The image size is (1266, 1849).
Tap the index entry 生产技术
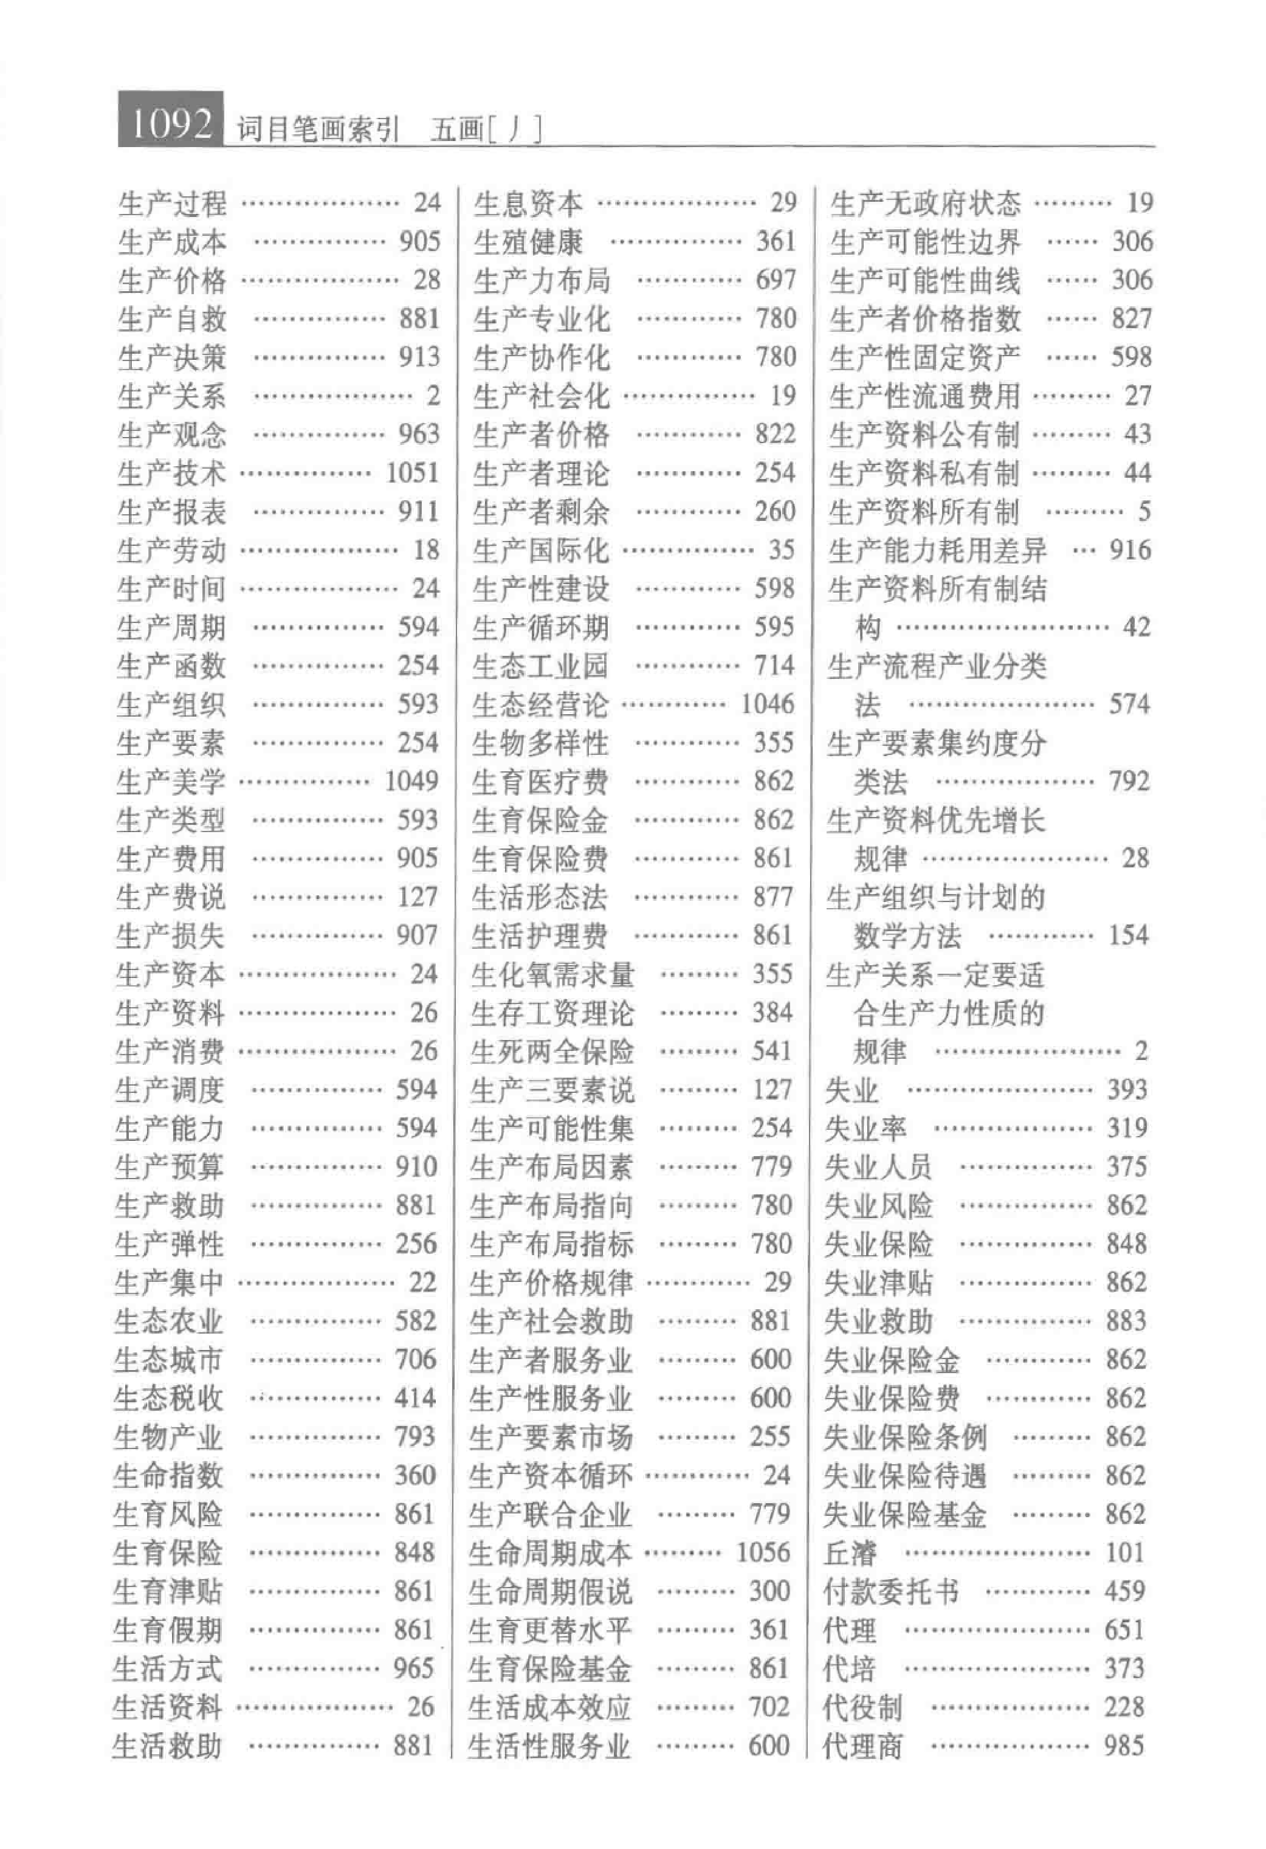[x=172, y=473]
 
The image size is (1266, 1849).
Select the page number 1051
[x=412, y=473]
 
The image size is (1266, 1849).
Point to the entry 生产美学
[x=170, y=781]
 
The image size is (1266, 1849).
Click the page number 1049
[x=411, y=781]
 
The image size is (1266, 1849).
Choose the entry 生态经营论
[x=540, y=704]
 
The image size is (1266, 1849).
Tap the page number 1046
[x=767, y=704]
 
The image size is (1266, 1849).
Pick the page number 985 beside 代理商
[x=1124, y=1746]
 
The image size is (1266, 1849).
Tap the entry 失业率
[x=865, y=1128]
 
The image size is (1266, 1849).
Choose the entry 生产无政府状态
[x=924, y=204]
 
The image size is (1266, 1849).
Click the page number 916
[x=1130, y=549]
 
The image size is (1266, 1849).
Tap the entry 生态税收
[x=168, y=1398]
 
